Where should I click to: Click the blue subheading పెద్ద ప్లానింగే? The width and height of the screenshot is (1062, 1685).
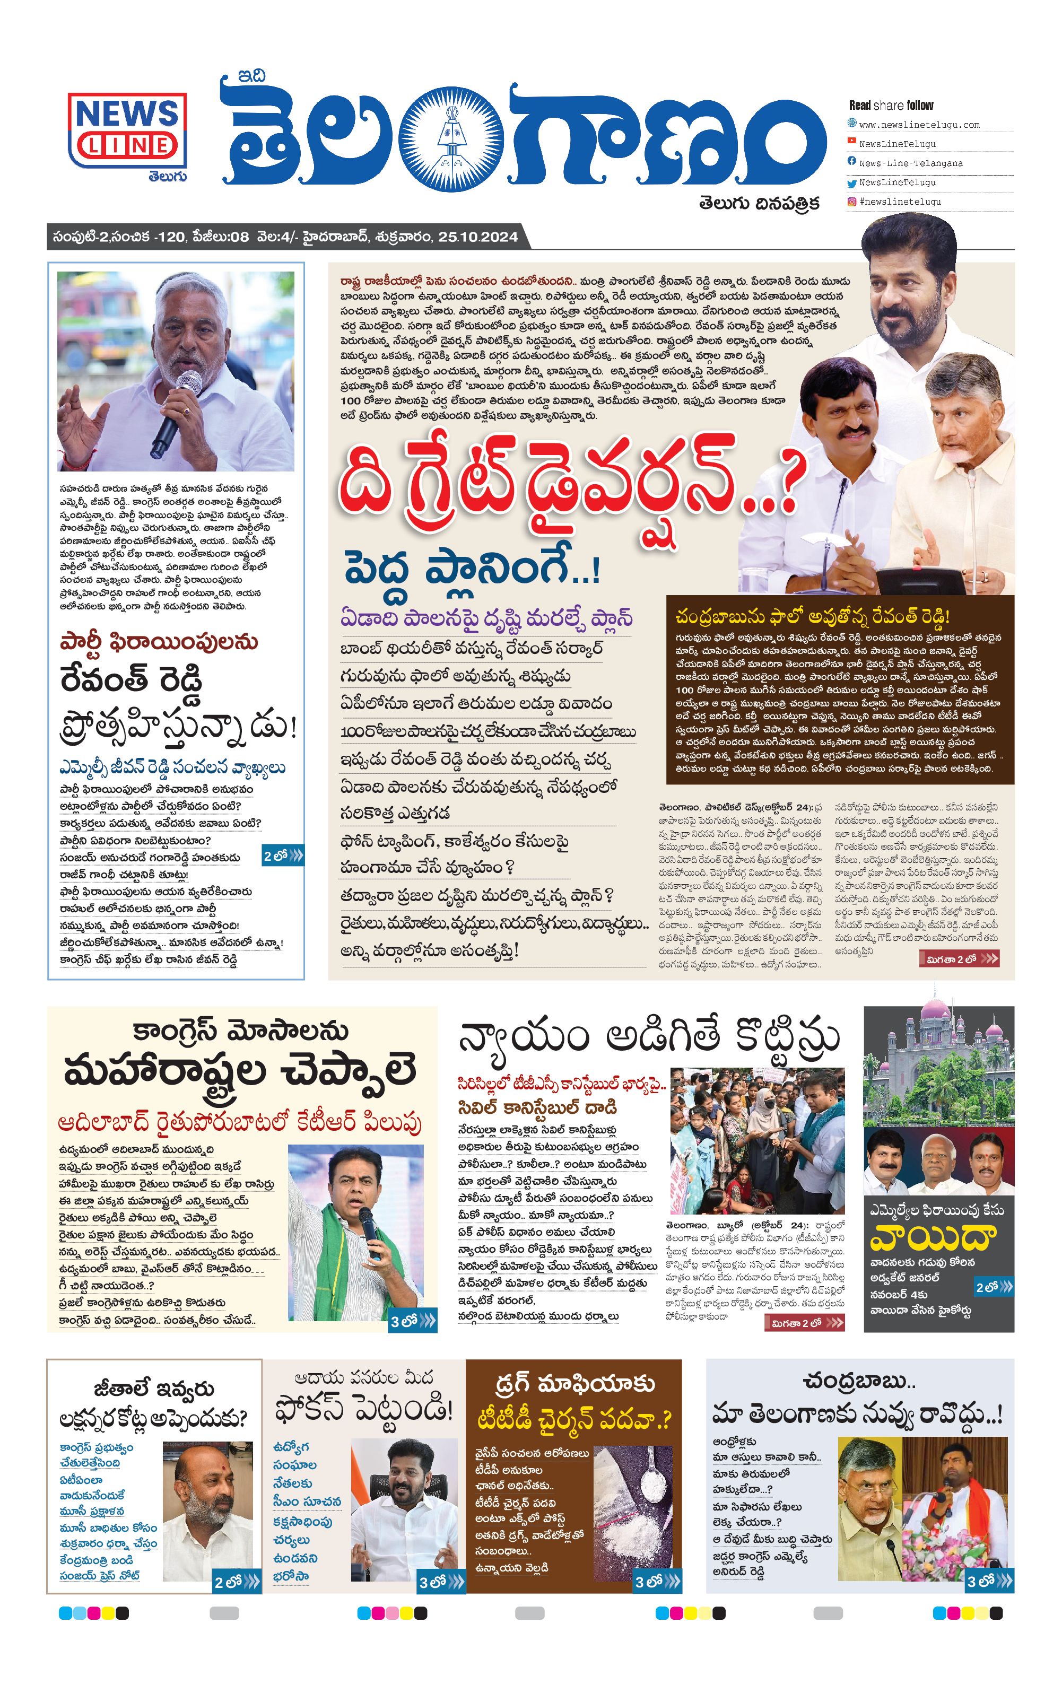471,569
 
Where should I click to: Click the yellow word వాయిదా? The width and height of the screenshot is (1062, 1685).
932,1237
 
